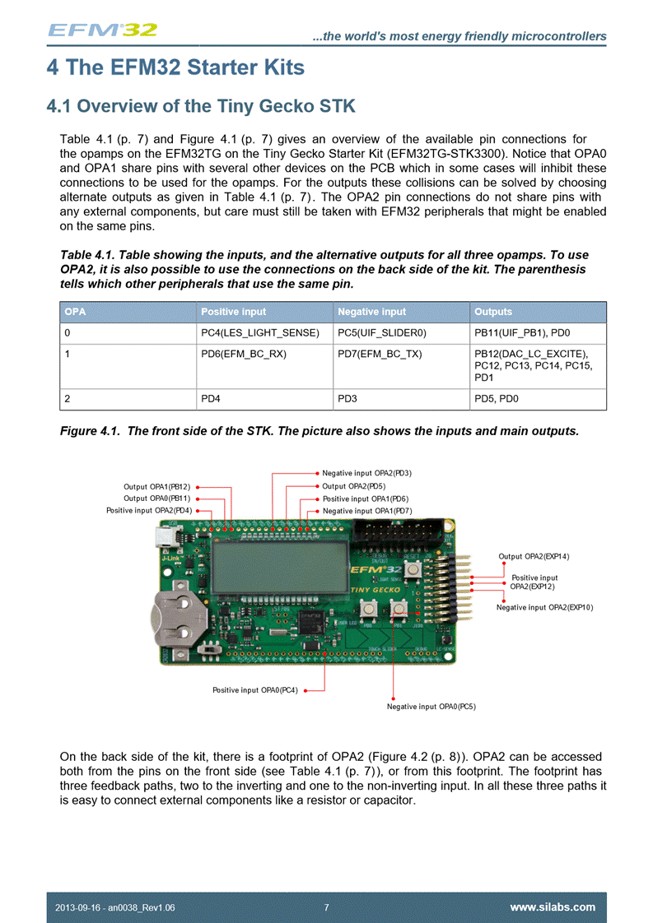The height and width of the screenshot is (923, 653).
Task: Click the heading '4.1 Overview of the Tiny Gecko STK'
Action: point(202,106)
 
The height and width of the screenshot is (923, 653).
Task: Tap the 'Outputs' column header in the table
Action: point(493,312)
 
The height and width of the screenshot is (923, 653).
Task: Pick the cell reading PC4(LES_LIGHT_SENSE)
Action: point(259,333)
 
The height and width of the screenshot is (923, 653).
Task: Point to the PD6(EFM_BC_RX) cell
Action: point(244,355)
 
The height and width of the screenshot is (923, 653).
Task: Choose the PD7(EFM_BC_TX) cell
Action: point(380,355)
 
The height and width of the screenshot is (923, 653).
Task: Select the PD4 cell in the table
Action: point(211,399)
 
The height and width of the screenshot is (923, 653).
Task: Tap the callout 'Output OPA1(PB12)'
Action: point(157,487)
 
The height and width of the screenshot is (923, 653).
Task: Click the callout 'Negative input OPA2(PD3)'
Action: point(366,473)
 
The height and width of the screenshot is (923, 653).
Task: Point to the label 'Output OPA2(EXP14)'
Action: point(534,557)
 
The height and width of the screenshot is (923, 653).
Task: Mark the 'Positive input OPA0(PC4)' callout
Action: point(255,690)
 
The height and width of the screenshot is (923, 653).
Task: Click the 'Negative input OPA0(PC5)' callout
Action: point(431,706)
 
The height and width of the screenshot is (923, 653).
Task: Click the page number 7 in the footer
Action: point(327,907)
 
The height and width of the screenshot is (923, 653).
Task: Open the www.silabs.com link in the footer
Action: point(553,907)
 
